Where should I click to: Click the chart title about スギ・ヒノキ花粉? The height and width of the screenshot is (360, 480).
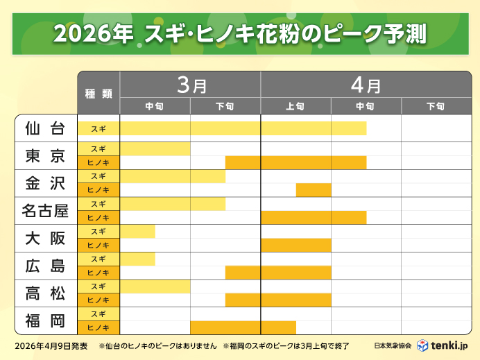tap(239, 33)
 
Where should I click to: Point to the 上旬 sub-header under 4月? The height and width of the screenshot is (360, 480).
tap(295, 106)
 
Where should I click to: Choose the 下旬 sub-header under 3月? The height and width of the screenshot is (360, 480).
tap(225, 106)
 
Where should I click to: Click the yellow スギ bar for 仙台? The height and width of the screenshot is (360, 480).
tap(243, 128)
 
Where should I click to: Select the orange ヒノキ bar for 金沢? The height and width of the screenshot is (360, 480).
tap(314, 190)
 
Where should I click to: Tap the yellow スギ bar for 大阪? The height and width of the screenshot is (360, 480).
tap(137, 231)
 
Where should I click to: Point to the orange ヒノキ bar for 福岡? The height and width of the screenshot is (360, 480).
tap(243, 327)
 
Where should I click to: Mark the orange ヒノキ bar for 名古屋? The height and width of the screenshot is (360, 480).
tap(314, 217)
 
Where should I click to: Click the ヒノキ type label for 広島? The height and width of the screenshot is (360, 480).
tap(98, 273)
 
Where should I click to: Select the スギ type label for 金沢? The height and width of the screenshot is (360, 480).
tap(98, 176)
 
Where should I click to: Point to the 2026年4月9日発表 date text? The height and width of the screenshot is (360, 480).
tap(51, 345)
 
